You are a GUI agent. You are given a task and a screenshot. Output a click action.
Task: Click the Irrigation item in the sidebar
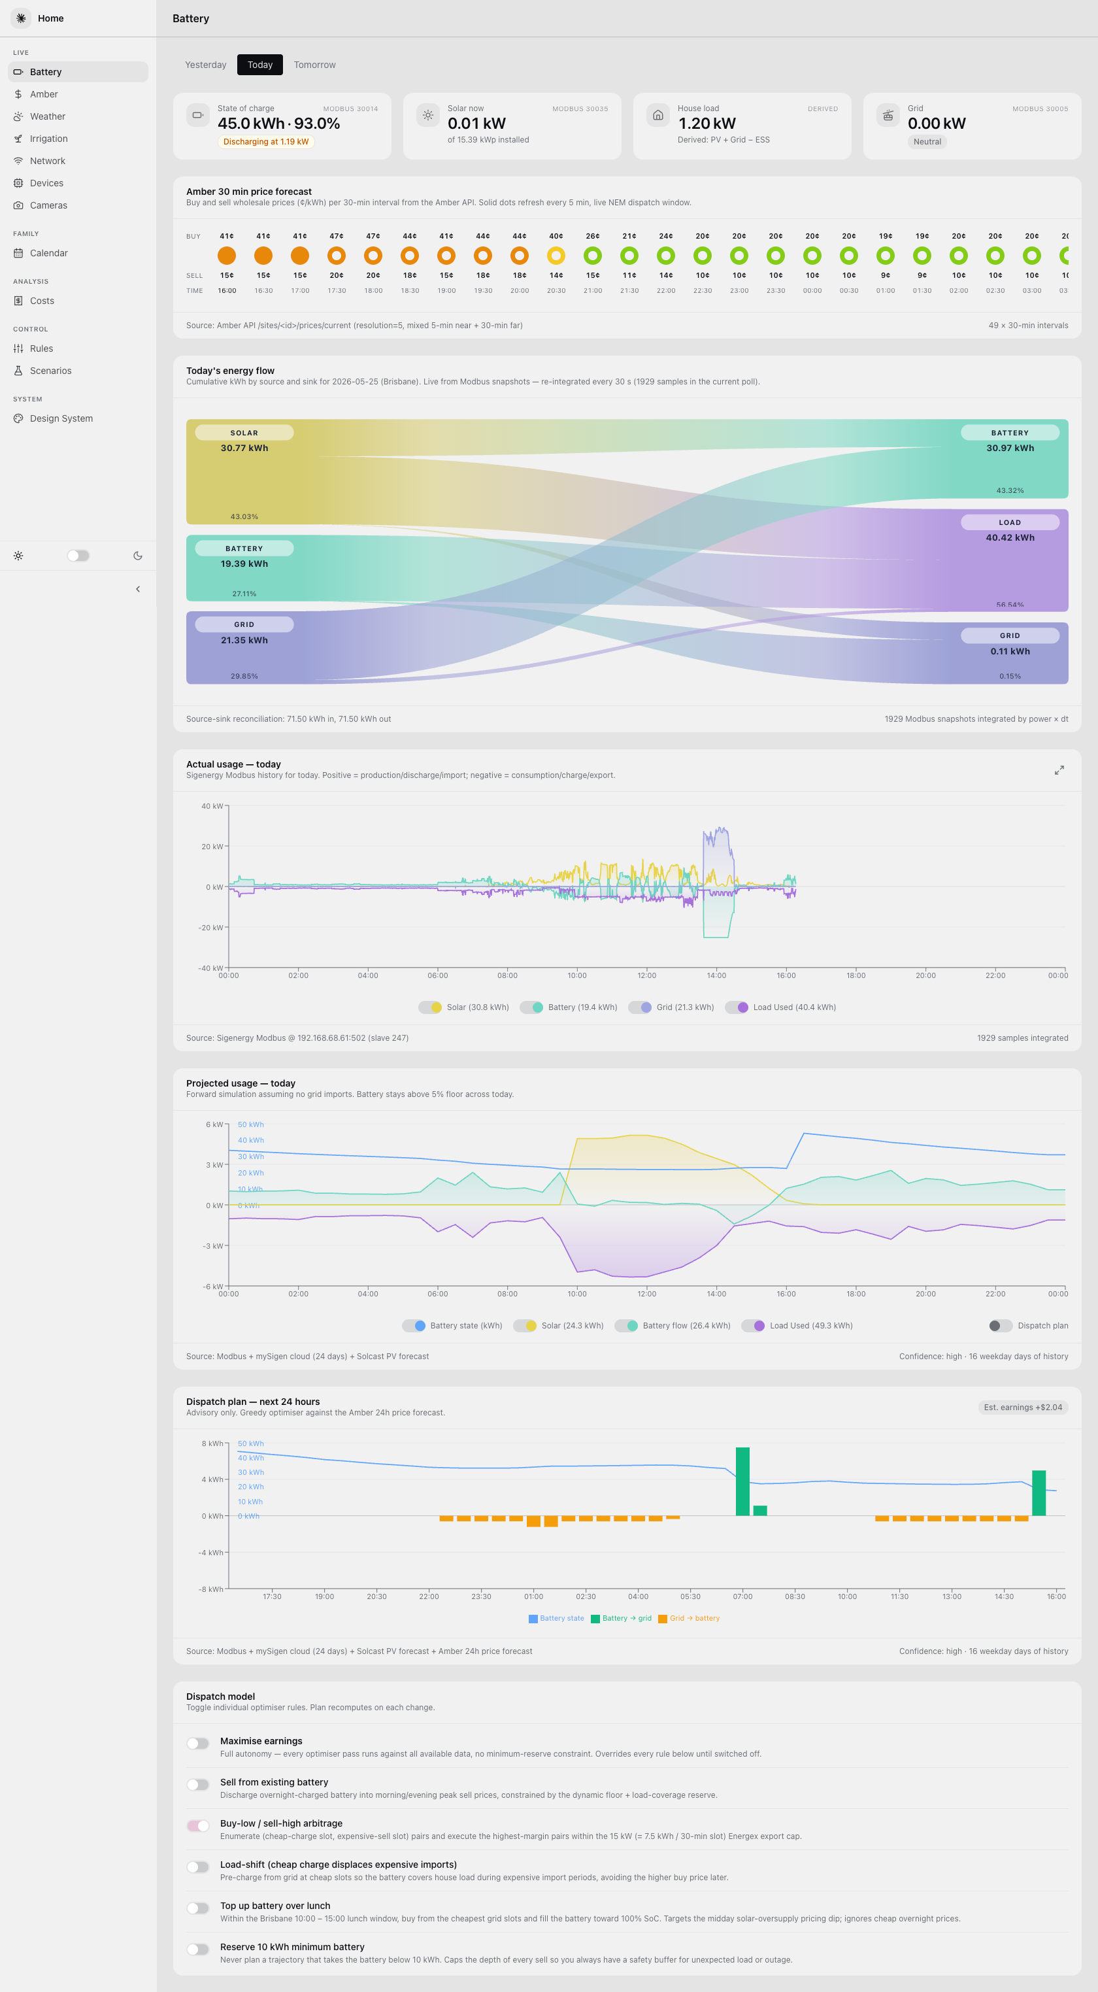48,139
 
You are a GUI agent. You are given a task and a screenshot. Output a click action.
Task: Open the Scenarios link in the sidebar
50,371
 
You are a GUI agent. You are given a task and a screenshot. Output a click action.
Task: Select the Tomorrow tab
315,65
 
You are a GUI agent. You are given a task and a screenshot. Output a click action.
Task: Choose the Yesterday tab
206,65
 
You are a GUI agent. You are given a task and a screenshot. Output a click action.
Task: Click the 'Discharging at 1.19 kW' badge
266,141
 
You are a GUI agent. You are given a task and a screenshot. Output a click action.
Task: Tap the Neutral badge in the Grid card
927,141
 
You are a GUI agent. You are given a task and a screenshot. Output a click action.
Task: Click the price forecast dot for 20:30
556,255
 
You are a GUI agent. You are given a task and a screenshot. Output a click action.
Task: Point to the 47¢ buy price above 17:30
337,236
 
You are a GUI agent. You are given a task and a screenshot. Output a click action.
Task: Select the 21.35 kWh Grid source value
244,640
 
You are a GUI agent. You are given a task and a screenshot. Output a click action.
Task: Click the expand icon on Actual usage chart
1059,770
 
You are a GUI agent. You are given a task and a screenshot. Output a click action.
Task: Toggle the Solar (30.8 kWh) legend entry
464,1007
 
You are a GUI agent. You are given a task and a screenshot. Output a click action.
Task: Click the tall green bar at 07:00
742,1481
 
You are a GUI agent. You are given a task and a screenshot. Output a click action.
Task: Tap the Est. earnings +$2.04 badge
1023,1408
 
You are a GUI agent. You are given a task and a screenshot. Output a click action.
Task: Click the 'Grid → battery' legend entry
689,1618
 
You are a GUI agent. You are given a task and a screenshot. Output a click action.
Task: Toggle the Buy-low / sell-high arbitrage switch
198,1826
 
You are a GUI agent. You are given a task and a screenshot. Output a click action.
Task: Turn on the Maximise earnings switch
198,1743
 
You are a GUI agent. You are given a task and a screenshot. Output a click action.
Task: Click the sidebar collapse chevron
138,589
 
